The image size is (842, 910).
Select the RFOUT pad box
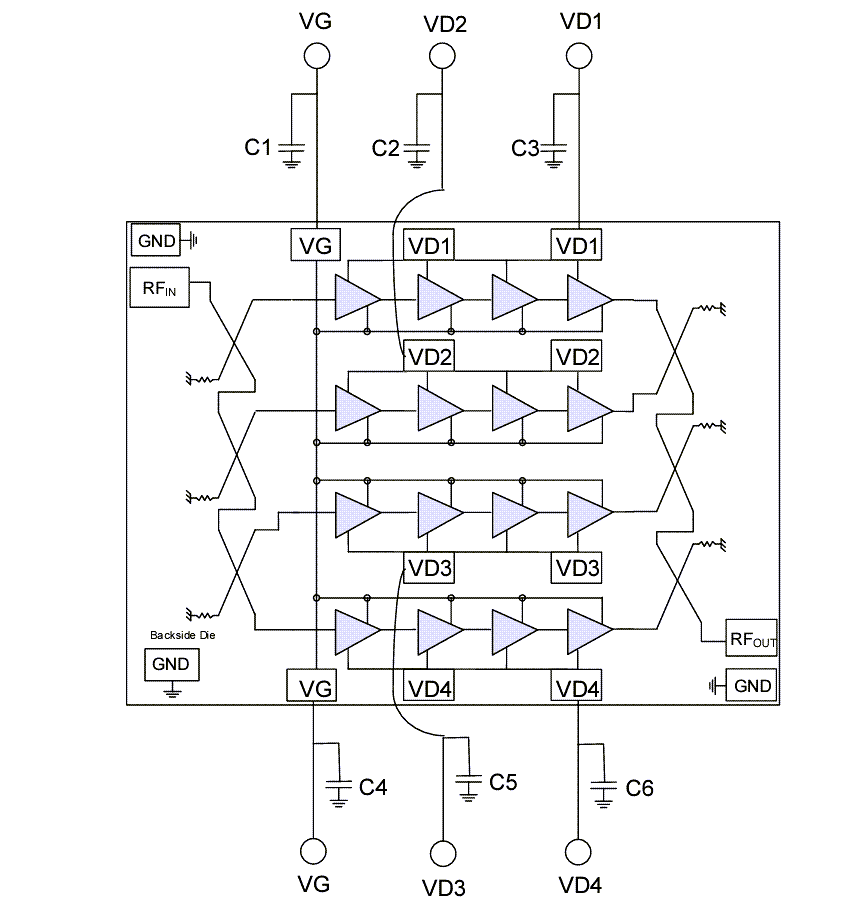tap(740, 637)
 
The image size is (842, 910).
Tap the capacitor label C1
tap(258, 148)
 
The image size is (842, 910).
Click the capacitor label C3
tap(525, 148)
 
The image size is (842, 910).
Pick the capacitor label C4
tap(373, 788)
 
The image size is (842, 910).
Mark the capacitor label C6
tap(639, 788)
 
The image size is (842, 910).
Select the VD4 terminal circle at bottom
tap(578, 852)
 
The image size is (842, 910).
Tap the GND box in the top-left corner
tap(156, 240)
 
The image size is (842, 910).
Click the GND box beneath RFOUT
tap(752, 686)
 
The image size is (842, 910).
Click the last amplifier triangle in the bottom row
tap(589, 629)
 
